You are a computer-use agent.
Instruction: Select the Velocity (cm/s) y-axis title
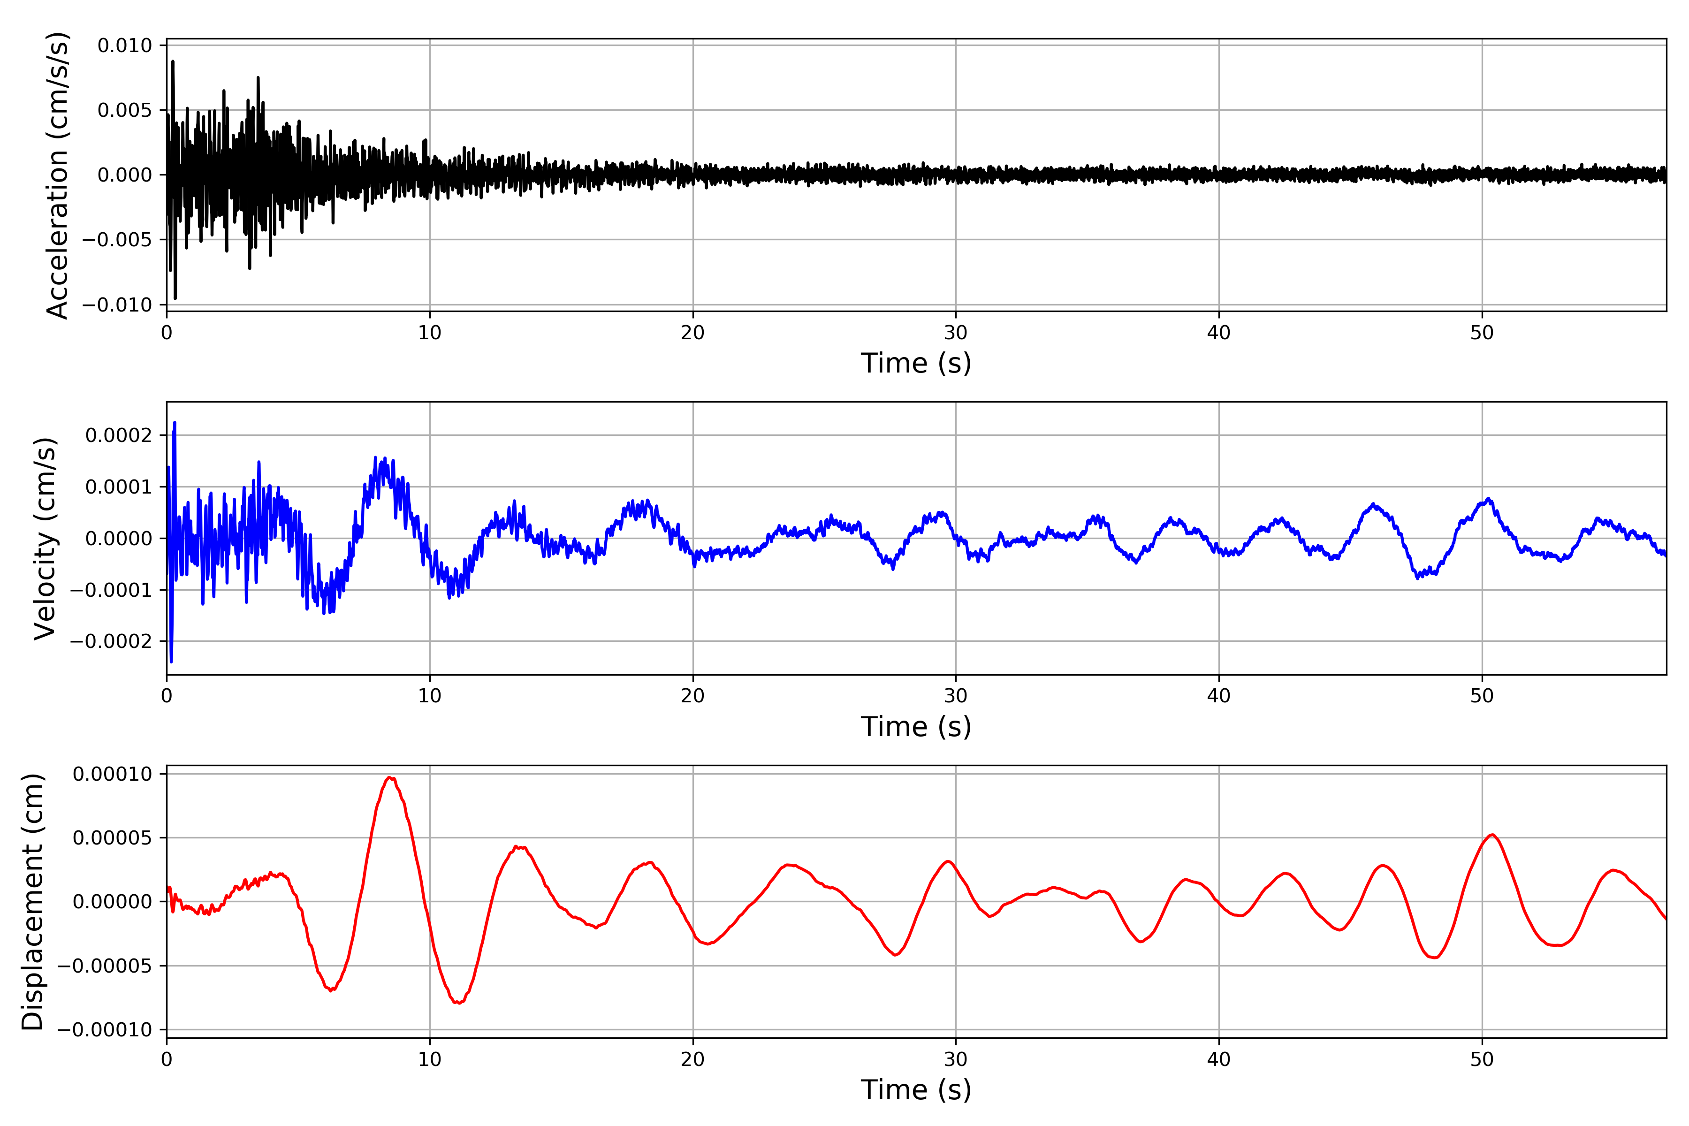(45, 539)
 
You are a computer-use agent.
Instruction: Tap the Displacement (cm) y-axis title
(33, 902)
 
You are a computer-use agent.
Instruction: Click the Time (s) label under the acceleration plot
(916, 363)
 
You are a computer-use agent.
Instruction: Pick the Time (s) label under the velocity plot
(916, 727)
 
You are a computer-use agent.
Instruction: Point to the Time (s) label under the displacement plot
(916, 1090)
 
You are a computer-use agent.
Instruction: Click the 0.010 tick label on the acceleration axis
(125, 46)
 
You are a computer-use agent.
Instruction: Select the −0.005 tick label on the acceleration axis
(117, 240)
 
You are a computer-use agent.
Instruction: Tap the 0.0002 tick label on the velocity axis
(119, 435)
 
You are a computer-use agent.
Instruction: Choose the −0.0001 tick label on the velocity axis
(111, 590)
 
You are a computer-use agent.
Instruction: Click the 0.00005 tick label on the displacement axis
(113, 838)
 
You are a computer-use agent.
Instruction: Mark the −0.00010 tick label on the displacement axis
(105, 1030)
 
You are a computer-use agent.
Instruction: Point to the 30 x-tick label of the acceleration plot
(955, 333)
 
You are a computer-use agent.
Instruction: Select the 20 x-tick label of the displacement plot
(692, 1060)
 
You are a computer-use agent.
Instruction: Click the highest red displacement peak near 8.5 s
(390, 778)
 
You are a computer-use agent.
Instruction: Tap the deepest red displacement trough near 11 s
(459, 1003)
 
